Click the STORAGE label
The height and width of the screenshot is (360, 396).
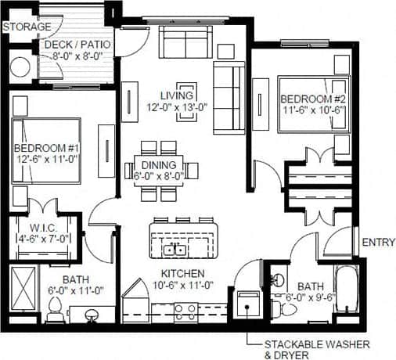27,27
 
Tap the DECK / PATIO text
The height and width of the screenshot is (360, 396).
77,44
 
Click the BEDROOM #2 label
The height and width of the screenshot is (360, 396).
310,98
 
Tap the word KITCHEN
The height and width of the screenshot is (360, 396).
183,273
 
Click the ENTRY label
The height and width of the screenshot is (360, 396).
378,243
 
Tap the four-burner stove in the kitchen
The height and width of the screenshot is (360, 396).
186,311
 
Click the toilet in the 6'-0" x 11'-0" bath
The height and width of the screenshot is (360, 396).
55,313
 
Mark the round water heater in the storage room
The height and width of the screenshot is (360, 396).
20,67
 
